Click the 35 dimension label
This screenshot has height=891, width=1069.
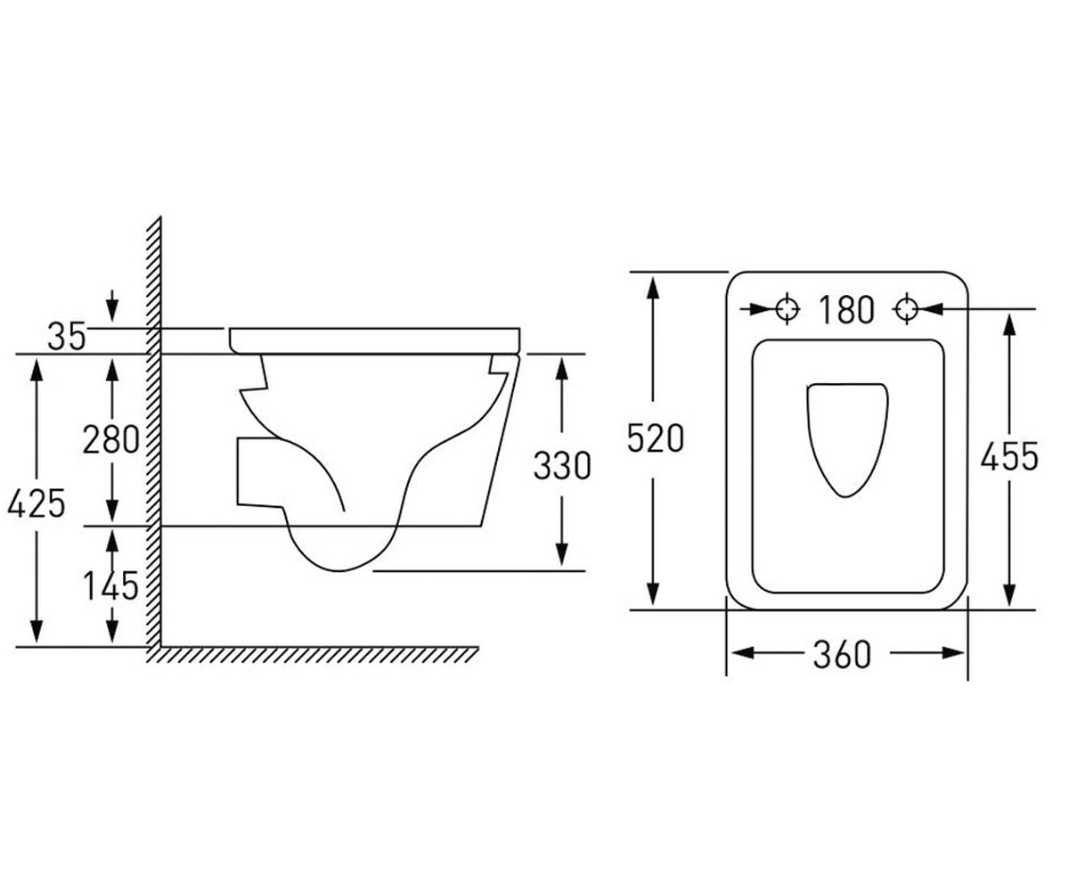pos(67,337)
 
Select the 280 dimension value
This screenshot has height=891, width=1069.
pos(111,439)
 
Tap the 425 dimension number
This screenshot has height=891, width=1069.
pos(37,503)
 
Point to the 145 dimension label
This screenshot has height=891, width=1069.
pos(111,585)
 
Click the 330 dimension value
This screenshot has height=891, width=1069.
pos(562,466)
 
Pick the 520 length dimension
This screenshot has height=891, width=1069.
pos(656,439)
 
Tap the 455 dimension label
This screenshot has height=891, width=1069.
pos(1009,457)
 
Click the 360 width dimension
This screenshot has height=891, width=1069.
pos(842,654)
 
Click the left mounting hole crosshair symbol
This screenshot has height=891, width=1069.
pos(787,309)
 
